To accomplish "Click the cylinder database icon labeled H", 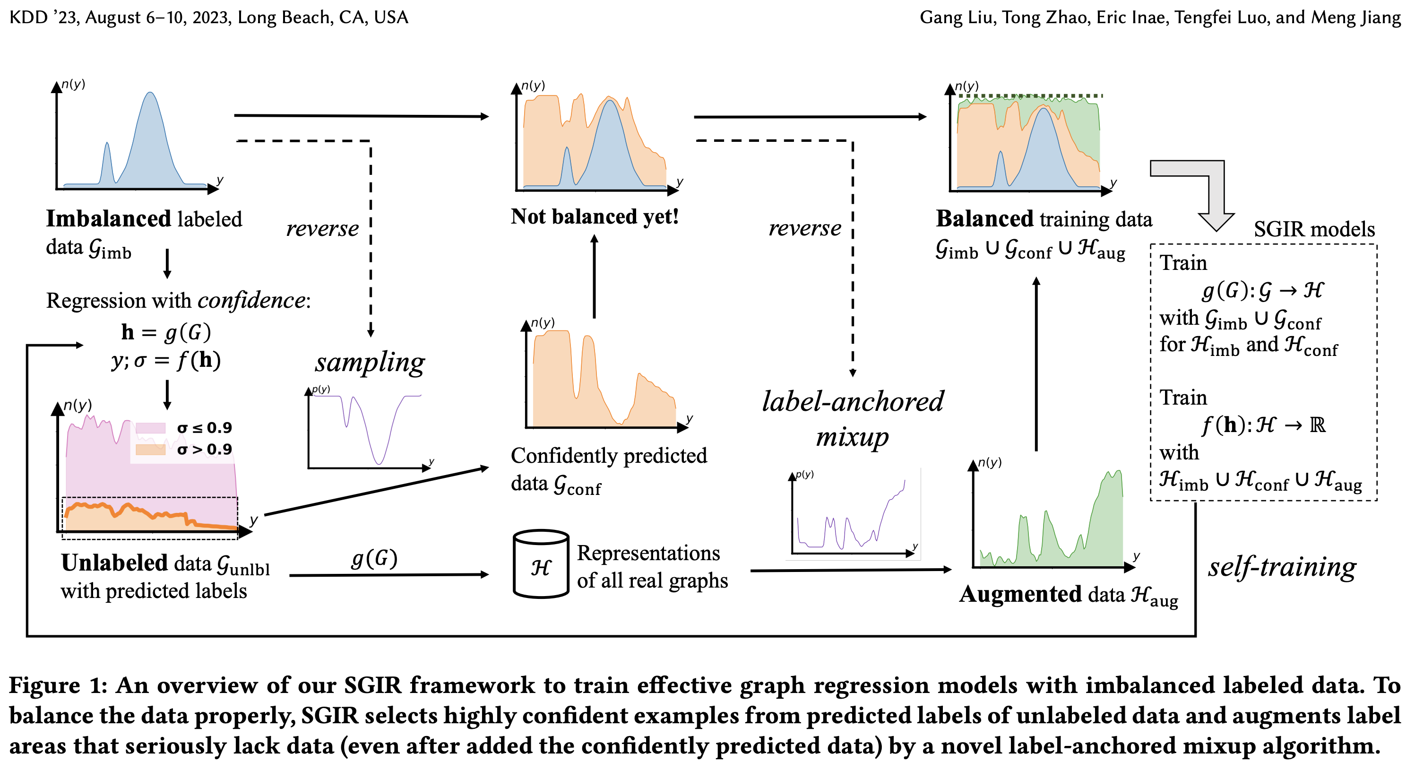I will (541, 565).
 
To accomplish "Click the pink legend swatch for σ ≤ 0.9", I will (150, 428).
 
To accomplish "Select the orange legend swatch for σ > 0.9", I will (150, 450).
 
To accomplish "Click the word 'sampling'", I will (370, 363).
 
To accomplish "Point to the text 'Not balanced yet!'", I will (595, 217).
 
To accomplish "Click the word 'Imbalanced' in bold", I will (109, 219).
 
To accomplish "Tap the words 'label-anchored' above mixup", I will (853, 402).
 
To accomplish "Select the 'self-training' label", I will (1282, 567).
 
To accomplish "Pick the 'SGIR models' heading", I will (1314, 229).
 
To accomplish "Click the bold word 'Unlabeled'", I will (114, 563).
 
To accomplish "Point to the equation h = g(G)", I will (166, 332).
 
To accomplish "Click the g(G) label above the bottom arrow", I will (374, 559).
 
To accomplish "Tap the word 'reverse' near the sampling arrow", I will (322, 228).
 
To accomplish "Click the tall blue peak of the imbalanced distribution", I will (150, 99).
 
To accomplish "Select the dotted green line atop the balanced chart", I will (1030, 96).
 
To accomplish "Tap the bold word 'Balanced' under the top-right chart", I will (984, 219).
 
